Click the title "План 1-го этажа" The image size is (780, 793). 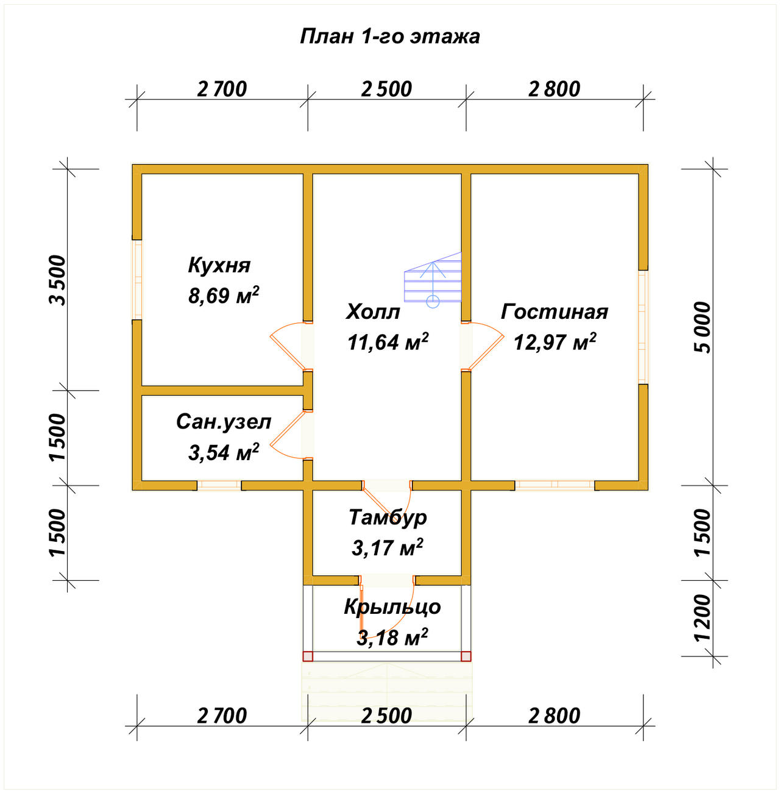[x=390, y=37]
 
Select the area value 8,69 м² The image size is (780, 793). [x=224, y=294]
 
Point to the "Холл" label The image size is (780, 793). [x=373, y=312]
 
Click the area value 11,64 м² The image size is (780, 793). [x=388, y=341]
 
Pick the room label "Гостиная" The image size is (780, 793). [x=555, y=311]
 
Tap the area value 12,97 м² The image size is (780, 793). [x=555, y=341]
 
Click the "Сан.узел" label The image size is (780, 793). [x=224, y=422]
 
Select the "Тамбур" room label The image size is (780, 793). [x=388, y=517]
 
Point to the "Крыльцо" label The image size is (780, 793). [x=392, y=606]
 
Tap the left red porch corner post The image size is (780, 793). [x=308, y=656]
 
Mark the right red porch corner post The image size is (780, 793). [x=466, y=656]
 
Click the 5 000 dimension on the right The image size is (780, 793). [x=703, y=327]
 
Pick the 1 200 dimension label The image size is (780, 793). [x=703, y=617]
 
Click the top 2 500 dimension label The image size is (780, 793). [x=386, y=90]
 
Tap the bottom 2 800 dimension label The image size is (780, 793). [x=554, y=716]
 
